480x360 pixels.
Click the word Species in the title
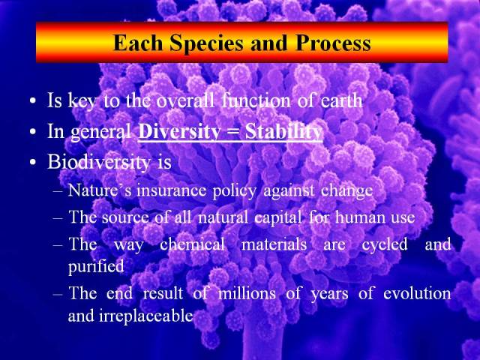tap(207, 43)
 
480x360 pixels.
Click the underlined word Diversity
tap(179, 132)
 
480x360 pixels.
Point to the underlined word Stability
tap(283, 132)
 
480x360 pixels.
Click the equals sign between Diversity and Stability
tap(233, 133)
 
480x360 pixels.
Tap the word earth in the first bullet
tap(341, 100)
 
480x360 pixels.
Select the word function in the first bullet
tap(256, 100)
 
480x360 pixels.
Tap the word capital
tap(278, 218)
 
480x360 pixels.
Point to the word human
tap(361, 217)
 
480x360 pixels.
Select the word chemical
tap(192, 244)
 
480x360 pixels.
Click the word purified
tap(96, 267)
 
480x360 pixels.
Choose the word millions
tap(247, 293)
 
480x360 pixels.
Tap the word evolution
tap(417, 293)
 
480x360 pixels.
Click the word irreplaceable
tap(145, 315)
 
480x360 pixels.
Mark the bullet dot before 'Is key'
tap(33, 101)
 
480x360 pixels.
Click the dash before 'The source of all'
tap(58, 218)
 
